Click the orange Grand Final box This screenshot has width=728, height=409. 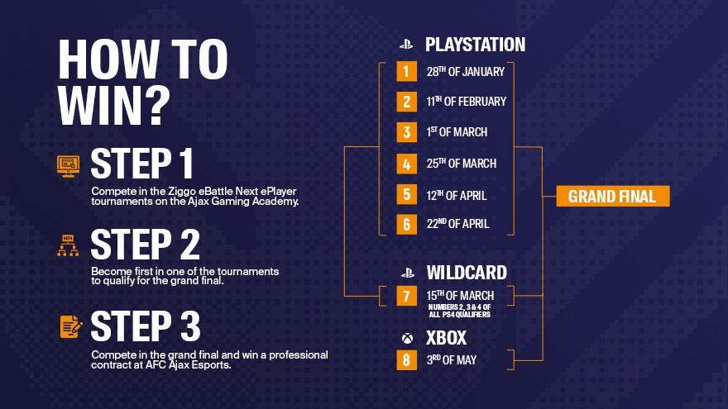click(x=613, y=196)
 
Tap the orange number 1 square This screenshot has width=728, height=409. click(x=407, y=71)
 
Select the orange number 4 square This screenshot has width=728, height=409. click(x=407, y=164)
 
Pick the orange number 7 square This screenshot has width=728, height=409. click(x=407, y=296)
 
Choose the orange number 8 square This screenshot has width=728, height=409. click(x=407, y=360)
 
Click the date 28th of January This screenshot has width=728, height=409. click(x=465, y=71)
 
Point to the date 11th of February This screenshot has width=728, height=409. click(x=466, y=101)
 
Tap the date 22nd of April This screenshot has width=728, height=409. click(x=457, y=224)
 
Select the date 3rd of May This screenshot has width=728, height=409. click(x=452, y=360)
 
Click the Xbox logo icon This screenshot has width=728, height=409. click(x=407, y=339)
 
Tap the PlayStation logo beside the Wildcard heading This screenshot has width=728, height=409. click(x=408, y=273)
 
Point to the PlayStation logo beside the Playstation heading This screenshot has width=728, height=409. click(x=406, y=45)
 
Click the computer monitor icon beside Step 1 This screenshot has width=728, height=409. click(x=68, y=166)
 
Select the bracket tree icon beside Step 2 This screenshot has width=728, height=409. click(x=68, y=245)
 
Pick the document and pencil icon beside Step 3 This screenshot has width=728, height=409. click(x=71, y=327)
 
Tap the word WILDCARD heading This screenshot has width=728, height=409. click(x=467, y=273)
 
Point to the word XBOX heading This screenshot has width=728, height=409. click(x=446, y=338)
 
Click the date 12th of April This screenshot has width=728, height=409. click(x=457, y=195)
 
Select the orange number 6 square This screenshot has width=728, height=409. click(x=407, y=225)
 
